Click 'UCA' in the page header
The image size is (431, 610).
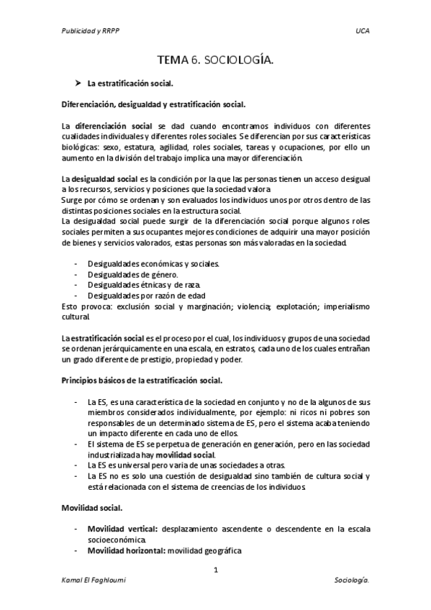point(363,32)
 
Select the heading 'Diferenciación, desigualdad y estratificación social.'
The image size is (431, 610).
point(154,104)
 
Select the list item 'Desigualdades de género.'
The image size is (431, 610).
point(132,275)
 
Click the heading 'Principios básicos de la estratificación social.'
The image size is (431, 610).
point(142,380)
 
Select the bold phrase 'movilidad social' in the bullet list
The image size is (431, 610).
point(185,455)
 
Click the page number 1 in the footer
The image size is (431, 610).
point(215,570)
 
